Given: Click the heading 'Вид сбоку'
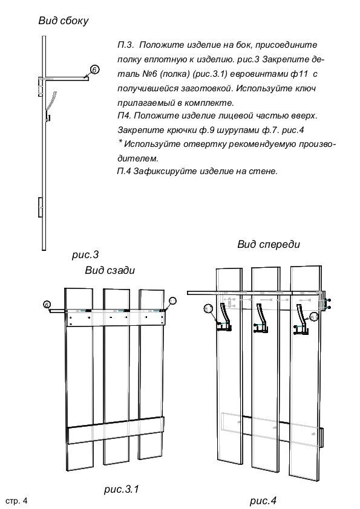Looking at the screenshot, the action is coord(64,21).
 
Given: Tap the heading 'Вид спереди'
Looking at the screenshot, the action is coord(269,244).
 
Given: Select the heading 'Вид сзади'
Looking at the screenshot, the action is coord(110,270).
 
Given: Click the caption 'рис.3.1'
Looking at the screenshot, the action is coord(122,489).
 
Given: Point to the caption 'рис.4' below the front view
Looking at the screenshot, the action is coord(263,501).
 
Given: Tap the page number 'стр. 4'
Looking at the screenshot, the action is coord(16,501).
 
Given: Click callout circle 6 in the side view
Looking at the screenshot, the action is coord(94,70).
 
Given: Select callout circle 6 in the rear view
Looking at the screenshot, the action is coord(47,305).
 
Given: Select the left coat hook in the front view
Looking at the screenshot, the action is coord(224,317).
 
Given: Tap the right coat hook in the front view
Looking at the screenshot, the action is coord(301,319).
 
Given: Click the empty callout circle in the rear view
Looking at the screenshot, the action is coord(173,300).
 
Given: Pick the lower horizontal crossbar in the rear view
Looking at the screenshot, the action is coord(116,430).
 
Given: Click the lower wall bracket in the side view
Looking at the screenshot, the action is coord(41,207).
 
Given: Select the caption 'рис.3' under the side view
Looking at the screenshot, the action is coord(85,254).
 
